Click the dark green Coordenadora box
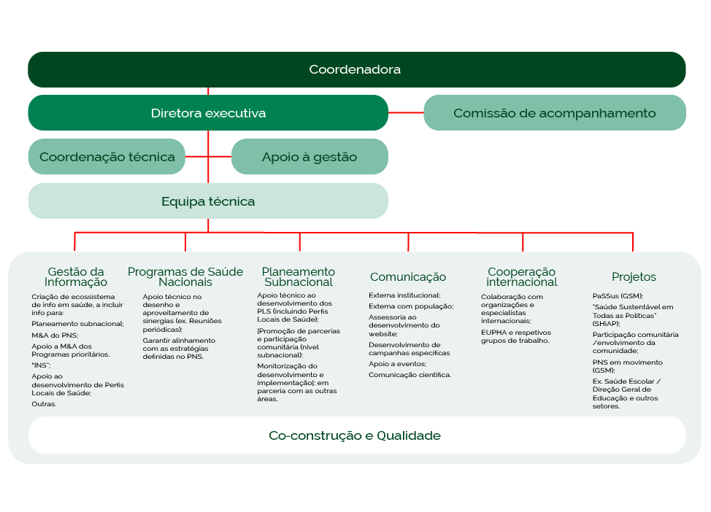click(355, 70)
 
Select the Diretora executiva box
click(208, 113)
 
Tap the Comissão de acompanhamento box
click(554, 113)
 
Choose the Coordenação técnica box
click(107, 157)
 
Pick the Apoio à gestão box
click(310, 157)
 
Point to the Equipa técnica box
click(208, 201)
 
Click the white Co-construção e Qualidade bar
click(355, 435)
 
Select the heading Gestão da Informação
click(76, 277)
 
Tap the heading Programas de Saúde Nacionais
click(185, 277)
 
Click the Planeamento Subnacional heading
click(299, 277)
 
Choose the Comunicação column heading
click(408, 277)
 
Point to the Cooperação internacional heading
click(522, 277)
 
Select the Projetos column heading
click(634, 277)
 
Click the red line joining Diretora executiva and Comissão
click(406, 113)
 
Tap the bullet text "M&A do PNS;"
click(55, 335)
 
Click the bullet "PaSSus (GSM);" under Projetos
click(618, 296)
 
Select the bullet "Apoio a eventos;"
click(398, 363)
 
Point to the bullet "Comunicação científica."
click(410, 375)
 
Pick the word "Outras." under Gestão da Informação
click(44, 403)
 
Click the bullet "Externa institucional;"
click(404, 295)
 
